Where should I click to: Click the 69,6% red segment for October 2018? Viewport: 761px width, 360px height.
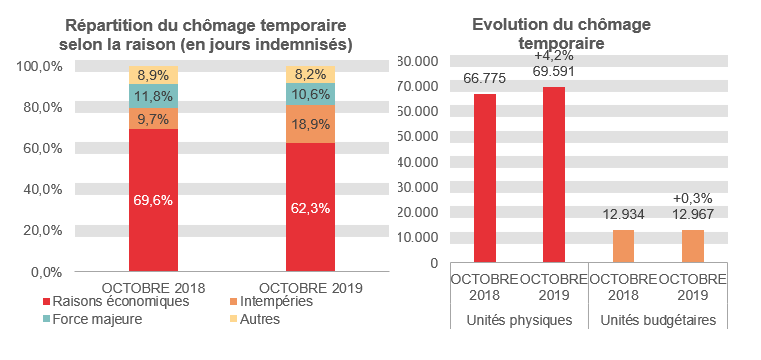(153, 200)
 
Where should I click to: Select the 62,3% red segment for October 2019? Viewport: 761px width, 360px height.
(310, 207)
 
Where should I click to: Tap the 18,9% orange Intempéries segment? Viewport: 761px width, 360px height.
(310, 124)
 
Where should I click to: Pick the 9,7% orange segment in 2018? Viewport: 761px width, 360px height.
(153, 118)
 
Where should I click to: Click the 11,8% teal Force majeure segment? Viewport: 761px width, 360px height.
(153, 96)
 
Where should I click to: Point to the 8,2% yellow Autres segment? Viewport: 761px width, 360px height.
(310, 74)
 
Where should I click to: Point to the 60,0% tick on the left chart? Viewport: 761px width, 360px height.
(40, 148)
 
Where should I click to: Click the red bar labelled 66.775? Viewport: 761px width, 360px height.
(484, 178)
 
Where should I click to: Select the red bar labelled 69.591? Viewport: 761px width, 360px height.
(553, 175)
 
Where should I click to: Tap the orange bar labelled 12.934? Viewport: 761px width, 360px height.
(624, 246)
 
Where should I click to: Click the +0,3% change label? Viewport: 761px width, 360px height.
(693, 198)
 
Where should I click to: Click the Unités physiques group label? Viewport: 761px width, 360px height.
(518, 321)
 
